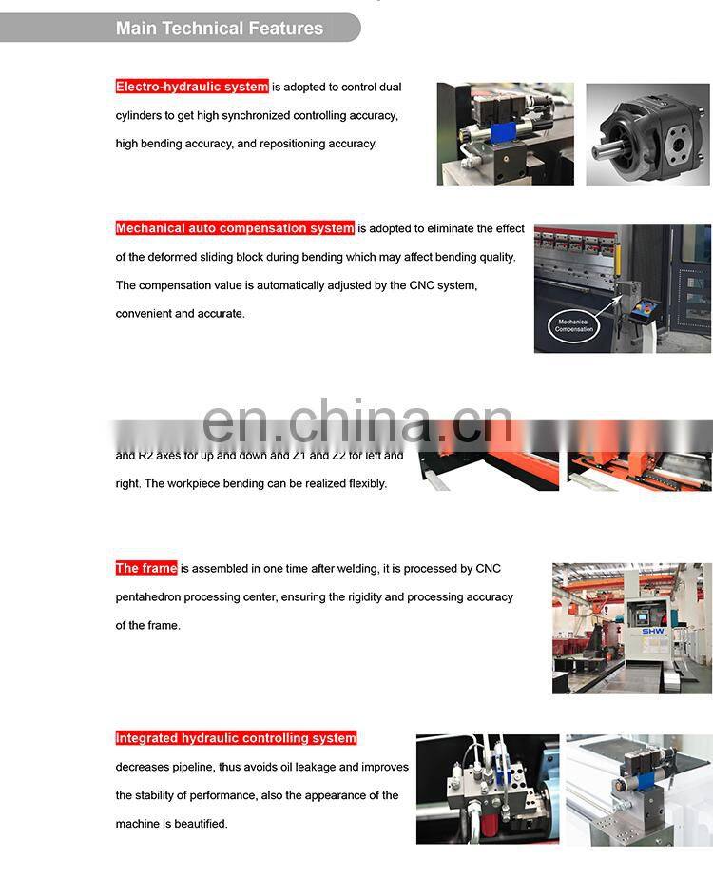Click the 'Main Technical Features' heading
click(x=219, y=28)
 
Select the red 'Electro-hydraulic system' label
click(x=192, y=87)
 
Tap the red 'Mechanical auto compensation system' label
click(x=235, y=228)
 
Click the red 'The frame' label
click(x=146, y=568)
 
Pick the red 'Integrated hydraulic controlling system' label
click(x=236, y=738)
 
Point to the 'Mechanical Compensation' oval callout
click(x=573, y=325)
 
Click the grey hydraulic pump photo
click(x=646, y=134)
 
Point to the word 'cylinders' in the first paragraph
click(x=141, y=115)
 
